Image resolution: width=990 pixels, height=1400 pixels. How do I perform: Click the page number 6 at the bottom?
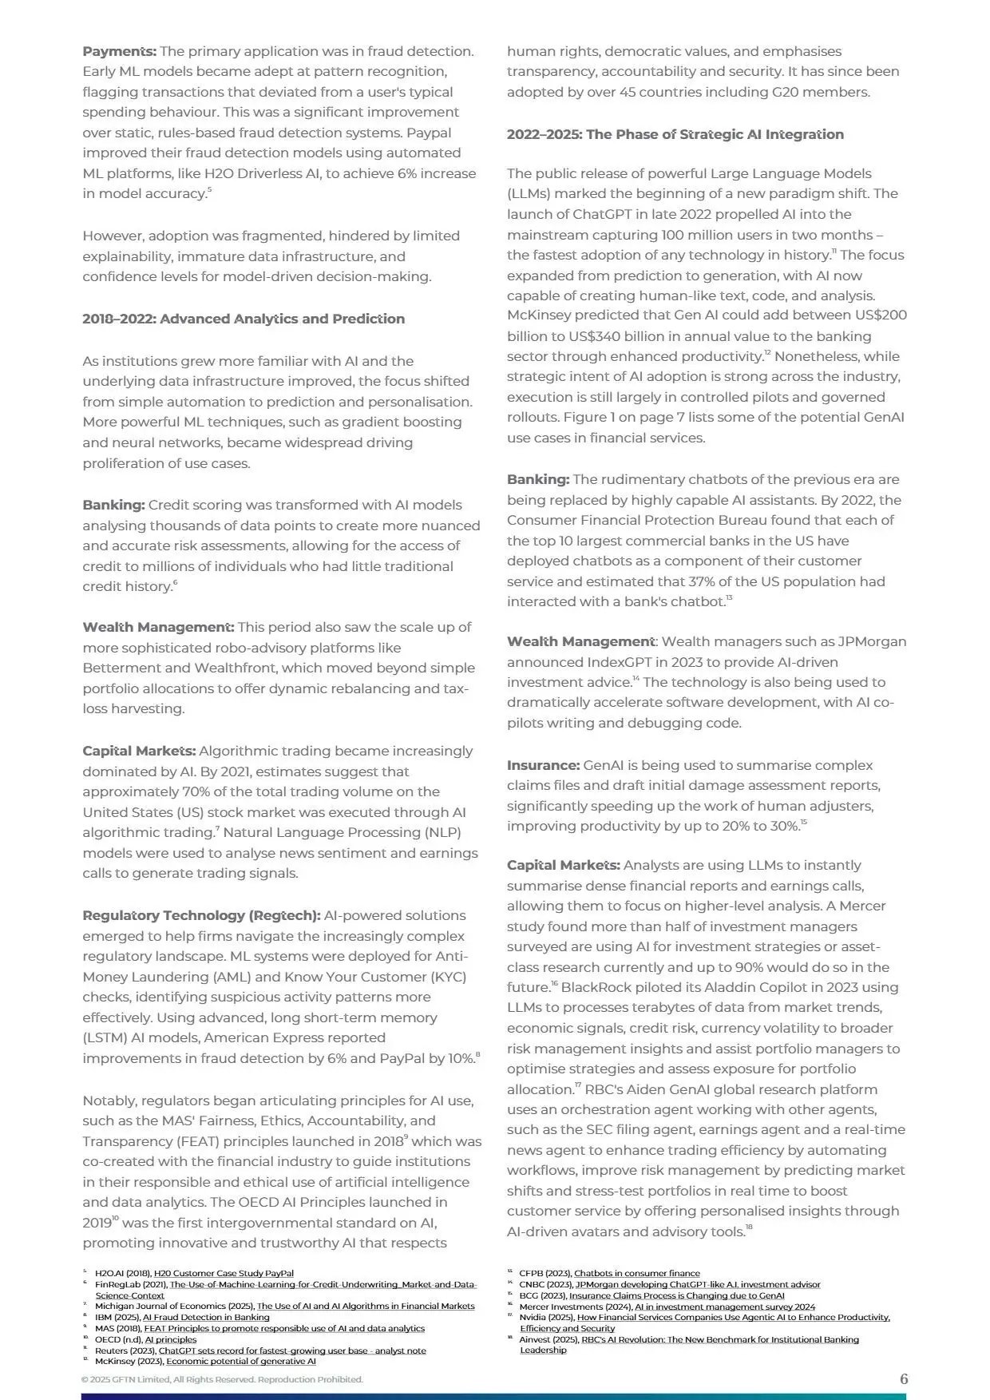click(904, 1379)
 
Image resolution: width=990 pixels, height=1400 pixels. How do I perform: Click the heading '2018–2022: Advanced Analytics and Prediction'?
click(244, 319)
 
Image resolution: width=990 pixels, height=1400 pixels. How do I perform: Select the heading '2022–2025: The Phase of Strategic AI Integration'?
click(675, 134)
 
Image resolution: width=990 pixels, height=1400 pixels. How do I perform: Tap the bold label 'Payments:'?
click(119, 51)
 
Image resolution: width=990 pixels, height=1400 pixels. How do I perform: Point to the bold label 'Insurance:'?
click(543, 765)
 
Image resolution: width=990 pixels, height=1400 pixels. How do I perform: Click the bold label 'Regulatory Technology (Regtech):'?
click(201, 915)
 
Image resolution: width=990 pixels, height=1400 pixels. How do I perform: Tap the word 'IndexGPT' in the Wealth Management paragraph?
click(621, 662)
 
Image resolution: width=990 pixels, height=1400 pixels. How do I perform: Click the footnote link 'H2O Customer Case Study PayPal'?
click(224, 1274)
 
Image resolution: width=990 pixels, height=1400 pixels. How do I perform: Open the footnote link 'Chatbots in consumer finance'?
click(636, 1274)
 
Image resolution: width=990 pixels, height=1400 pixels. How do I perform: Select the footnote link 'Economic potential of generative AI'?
click(240, 1361)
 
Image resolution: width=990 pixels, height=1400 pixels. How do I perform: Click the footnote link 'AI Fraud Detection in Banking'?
click(206, 1317)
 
